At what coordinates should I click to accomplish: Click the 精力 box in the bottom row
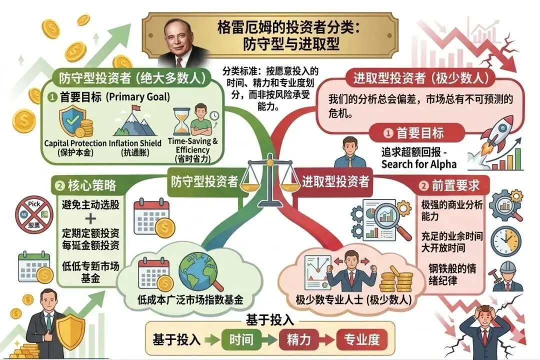(x=298, y=339)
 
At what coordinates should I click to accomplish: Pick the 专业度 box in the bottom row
(x=361, y=339)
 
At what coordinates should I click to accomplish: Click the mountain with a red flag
(x=131, y=122)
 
